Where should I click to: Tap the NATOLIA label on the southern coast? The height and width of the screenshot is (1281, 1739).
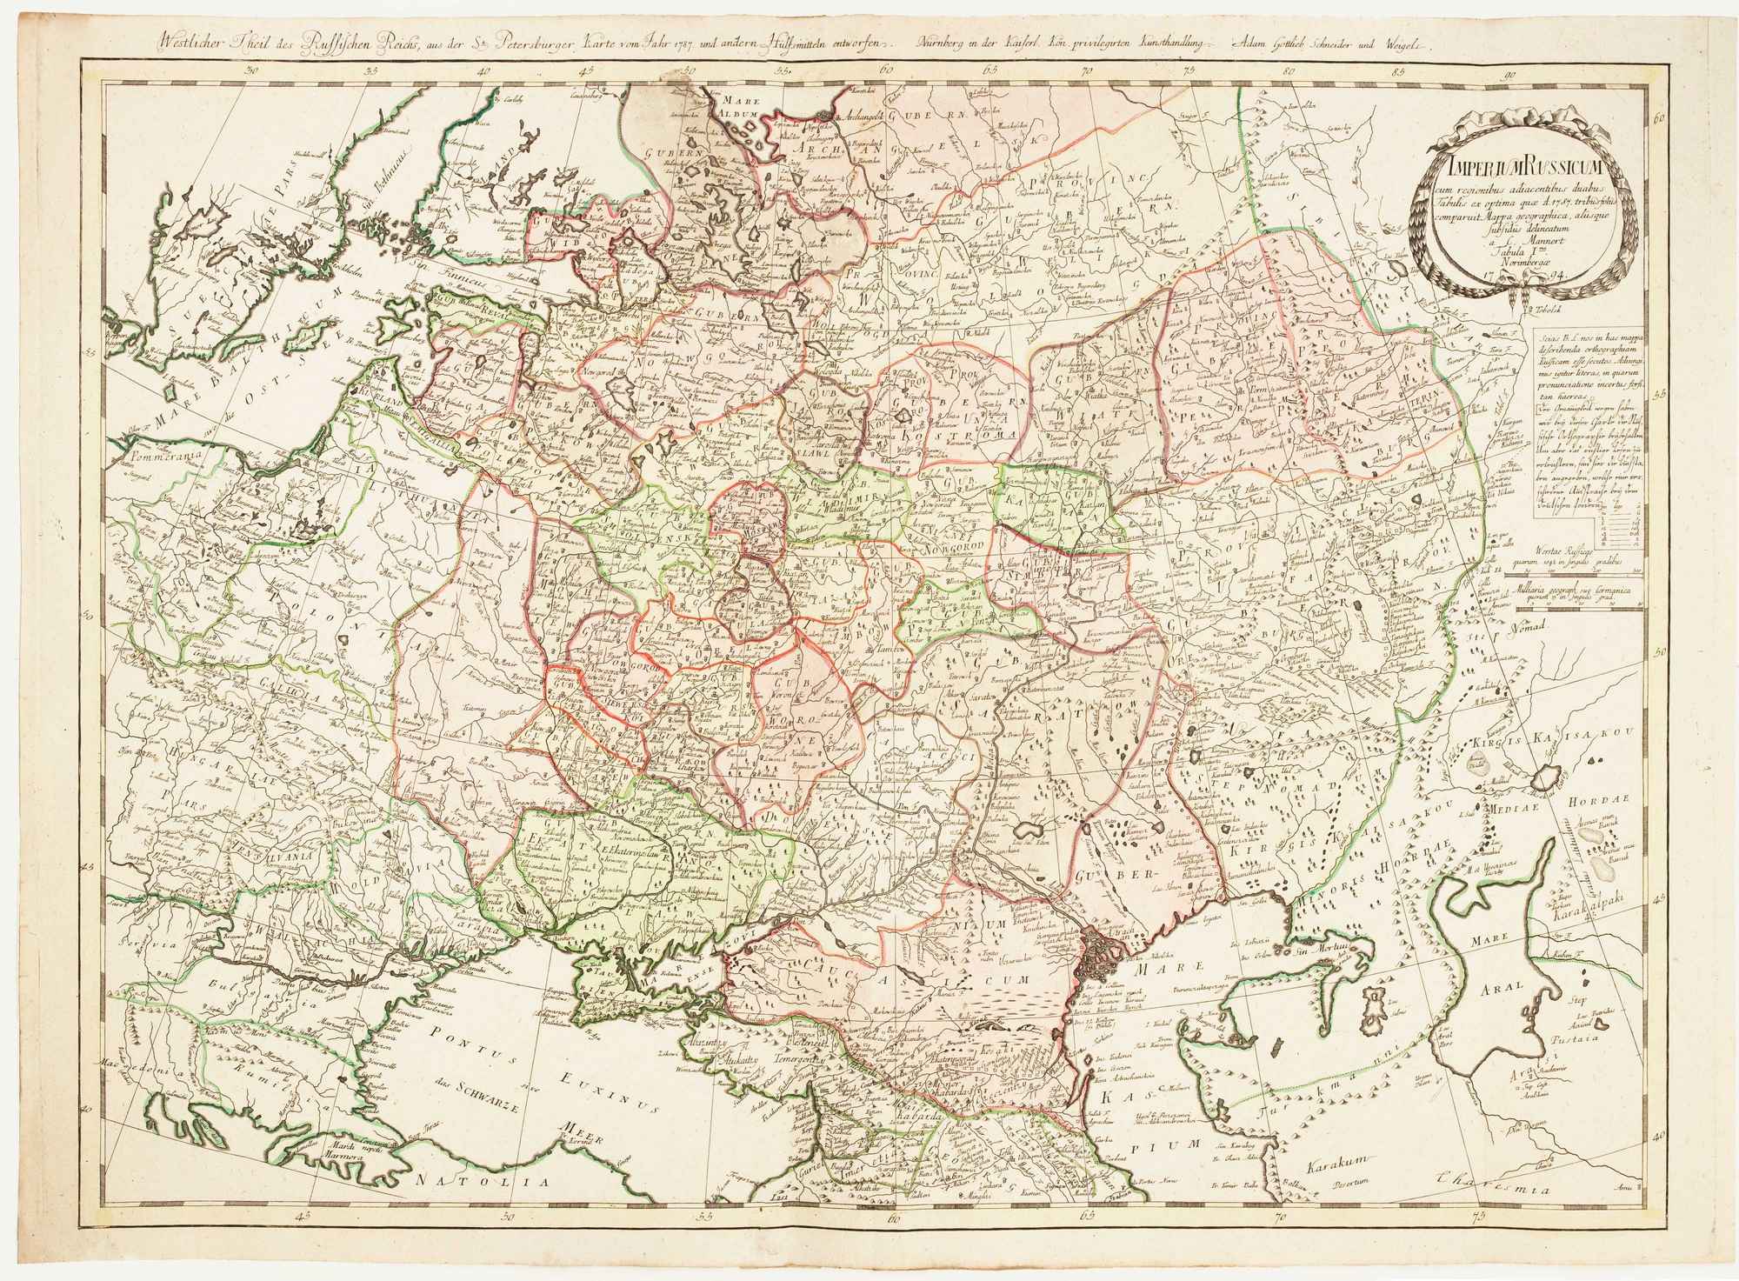(483, 1182)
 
